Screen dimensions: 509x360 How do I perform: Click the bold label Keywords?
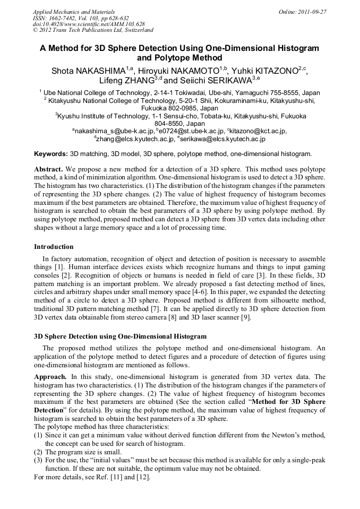(x=51, y=154)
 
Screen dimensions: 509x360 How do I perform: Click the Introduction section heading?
(x=54, y=246)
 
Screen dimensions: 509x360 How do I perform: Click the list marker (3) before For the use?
(x=38, y=460)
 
